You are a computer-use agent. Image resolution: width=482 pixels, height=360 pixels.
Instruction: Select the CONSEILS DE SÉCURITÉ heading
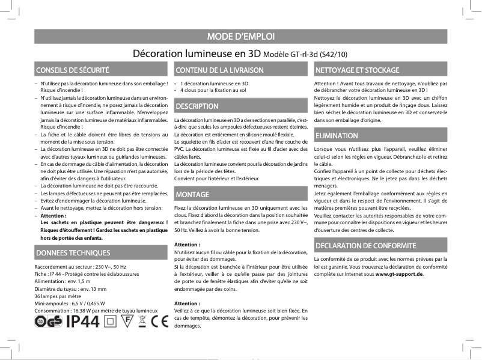coord(72,70)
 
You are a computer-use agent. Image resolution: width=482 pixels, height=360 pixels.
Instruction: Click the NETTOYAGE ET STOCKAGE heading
coord(357,70)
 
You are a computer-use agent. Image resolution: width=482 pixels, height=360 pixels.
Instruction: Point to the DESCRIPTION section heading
coord(197,106)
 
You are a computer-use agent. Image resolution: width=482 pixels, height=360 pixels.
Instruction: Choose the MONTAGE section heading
coord(192,195)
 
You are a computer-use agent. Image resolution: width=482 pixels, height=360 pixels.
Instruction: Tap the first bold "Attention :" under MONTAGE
coord(187,245)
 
